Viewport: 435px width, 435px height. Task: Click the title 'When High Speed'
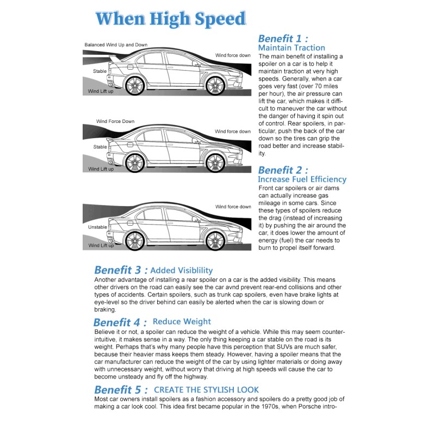[x=171, y=19]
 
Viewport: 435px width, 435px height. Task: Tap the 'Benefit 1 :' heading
[x=283, y=39]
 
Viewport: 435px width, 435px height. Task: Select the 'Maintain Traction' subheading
[x=291, y=48]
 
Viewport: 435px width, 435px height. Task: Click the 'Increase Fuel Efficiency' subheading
[x=302, y=179]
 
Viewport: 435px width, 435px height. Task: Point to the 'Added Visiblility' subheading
[x=182, y=270]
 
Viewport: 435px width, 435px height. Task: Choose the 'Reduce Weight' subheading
[x=182, y=322]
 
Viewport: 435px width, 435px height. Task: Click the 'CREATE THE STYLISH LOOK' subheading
[x=206, y=390]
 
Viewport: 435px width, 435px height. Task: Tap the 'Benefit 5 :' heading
[x=121, y=390]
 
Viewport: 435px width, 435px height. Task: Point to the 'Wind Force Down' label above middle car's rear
[x=115, y=121]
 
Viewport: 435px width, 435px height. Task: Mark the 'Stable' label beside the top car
[x=100, y=71]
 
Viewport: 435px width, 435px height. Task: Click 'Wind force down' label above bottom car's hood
[x=233, y=207]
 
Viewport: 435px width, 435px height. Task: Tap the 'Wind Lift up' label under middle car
[x=101, y=169]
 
